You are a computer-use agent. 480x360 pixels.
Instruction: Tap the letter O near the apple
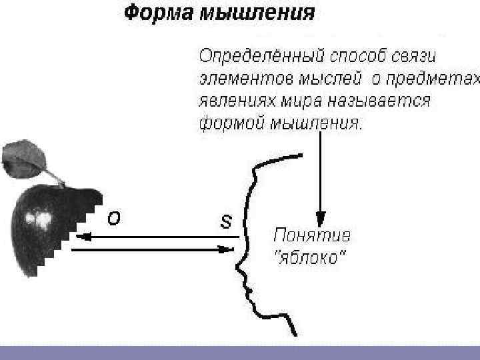click(x=114, y=219)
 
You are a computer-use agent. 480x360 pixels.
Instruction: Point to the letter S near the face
click(x=226, y=221)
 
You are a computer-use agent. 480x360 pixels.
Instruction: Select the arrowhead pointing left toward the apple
click(x=81, y=235)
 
